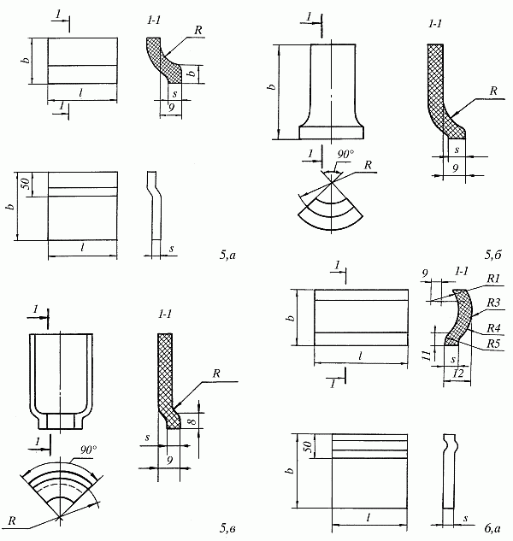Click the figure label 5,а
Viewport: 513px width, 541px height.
(230, 254)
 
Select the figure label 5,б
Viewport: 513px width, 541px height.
(492, 254)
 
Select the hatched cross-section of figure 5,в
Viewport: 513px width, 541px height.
(165, 368)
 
